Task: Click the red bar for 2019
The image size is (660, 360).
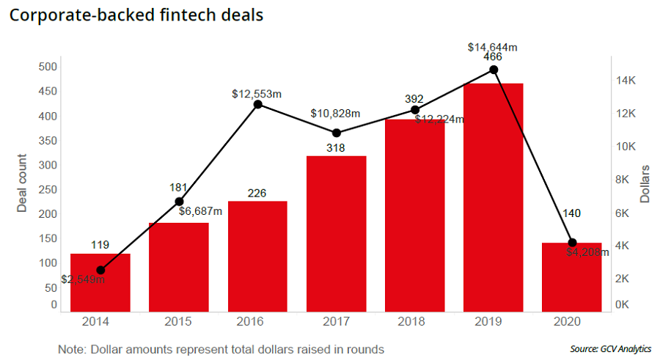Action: point(493,197)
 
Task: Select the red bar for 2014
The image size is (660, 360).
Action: point(100,282)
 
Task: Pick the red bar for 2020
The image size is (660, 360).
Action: point(572,276)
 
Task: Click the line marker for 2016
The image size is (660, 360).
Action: point(258,104)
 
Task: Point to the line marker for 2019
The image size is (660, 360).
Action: point(494,70)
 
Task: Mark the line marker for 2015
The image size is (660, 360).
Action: point(179,202)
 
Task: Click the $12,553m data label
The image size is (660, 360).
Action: point(257,94)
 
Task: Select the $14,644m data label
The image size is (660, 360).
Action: point(493,47)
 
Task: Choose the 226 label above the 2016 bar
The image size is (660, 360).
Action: point(257,193)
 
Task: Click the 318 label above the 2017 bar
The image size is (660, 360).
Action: point(336,148)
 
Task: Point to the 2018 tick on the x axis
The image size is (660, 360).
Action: point(414,322)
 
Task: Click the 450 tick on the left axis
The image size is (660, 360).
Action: point(47,92)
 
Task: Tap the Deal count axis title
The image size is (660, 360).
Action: point(22,183)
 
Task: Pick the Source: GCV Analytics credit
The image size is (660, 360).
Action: point(609,349)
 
